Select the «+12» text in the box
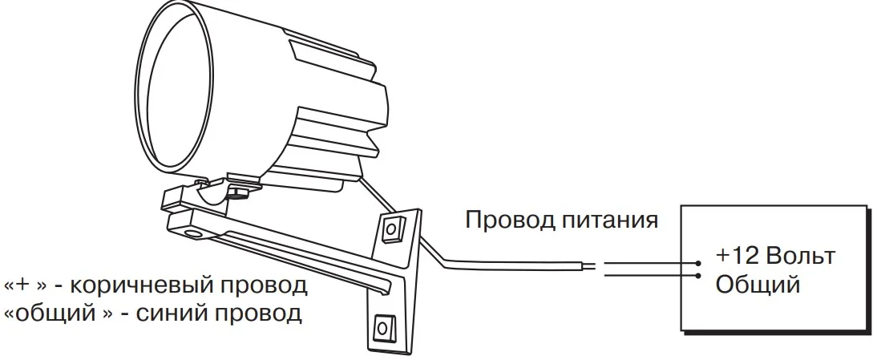tap(736, 257)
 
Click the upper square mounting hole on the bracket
tap(392, 230)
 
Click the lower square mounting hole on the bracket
tap(384, 326)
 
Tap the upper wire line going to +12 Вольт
tap(649, 263)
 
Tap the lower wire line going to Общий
tap(649, 276)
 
